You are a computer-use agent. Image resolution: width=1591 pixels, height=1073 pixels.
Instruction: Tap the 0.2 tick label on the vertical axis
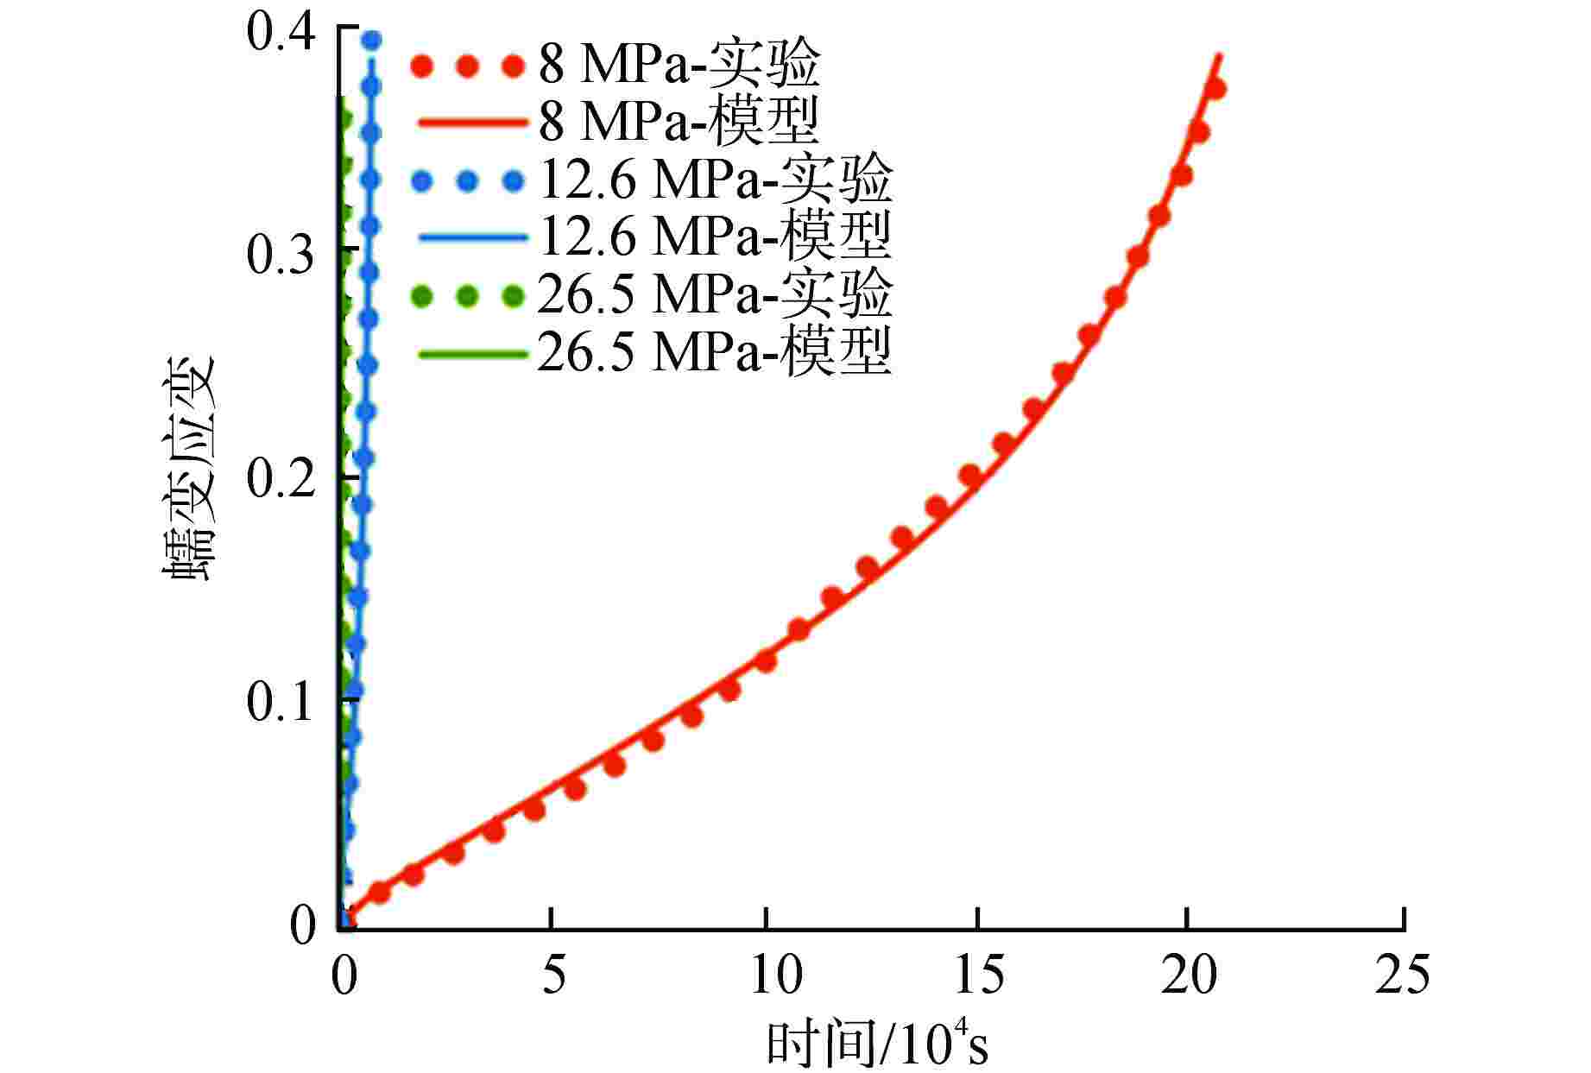click(281, 477)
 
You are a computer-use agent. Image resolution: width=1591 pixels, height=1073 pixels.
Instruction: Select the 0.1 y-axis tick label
click(281, 701)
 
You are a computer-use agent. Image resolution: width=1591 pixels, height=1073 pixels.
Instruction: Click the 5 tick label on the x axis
click(553, 975)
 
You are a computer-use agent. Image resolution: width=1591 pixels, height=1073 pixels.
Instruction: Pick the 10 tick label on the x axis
click(765, 975)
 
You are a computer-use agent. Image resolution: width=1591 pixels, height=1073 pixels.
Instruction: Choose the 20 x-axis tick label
click(1189, 975)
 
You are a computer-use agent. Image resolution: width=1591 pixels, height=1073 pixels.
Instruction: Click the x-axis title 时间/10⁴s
click(876, 1045)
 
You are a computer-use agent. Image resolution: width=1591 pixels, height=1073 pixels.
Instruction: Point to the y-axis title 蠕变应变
click(188, 470)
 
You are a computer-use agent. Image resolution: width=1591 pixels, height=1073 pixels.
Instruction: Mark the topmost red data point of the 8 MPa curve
click(1215, 88)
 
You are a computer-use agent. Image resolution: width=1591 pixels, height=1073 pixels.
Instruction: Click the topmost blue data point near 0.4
click(372, 40)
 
